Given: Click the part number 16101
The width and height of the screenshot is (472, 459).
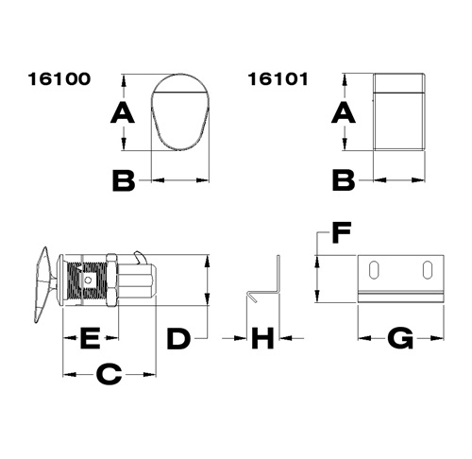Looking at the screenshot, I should coord(278,80).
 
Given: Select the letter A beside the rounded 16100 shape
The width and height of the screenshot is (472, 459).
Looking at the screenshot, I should coord(121,113).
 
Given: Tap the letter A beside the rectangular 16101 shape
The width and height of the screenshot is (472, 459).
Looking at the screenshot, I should coord(345,113).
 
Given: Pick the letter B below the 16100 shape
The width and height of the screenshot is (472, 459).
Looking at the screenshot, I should coord(124,178).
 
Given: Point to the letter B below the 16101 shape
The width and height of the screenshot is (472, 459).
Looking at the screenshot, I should coord(345,178).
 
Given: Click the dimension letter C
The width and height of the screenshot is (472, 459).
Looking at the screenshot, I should coord(109,375).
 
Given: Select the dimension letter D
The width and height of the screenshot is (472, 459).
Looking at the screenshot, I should coord(178,337).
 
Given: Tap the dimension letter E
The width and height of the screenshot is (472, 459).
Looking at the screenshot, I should coord(90,337).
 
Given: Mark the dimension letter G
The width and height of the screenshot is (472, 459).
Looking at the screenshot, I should coord(401,337).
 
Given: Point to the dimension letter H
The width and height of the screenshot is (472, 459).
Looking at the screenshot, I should coord(263,337).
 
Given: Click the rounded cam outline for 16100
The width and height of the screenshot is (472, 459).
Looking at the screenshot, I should coord(177,110).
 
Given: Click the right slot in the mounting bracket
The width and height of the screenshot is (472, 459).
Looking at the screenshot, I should coord(428,271).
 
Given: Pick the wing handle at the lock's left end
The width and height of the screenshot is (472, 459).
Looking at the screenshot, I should coord(44,280).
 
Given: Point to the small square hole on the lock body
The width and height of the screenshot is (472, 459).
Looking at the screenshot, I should coord(88,280).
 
